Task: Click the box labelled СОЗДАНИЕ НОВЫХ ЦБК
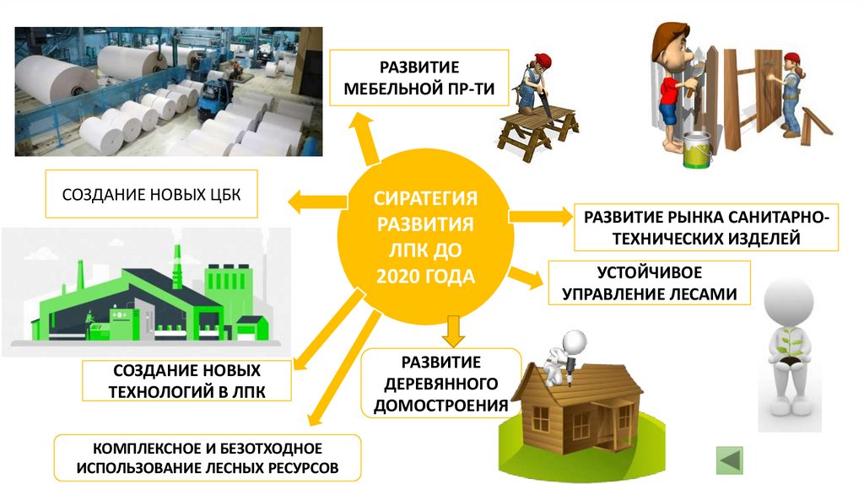[151, 196]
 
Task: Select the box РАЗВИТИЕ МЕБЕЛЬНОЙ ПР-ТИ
[418, 77]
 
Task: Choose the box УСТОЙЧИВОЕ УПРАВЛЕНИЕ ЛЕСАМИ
[649, 283]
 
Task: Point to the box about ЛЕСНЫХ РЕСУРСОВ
[207, 458]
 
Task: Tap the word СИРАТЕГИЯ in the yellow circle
[426, 199]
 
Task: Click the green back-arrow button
[729, 460]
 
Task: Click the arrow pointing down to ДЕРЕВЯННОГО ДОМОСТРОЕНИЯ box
[454, 329]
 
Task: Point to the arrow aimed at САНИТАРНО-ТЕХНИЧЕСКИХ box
[540, 216]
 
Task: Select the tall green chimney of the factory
[178, 261]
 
